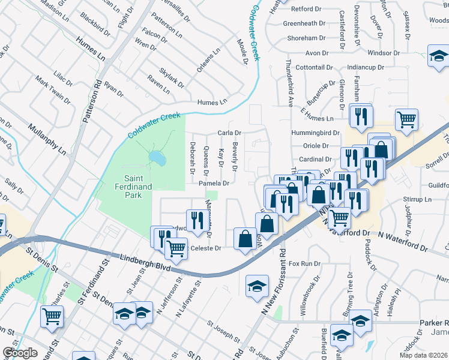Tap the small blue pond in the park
(157, 158)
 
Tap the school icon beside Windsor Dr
(439, 56)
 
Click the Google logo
(20, 352)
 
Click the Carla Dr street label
(229, 133)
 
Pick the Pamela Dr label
(214, 183)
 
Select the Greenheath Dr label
(304, 23)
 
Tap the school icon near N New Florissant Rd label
(257, 285)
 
